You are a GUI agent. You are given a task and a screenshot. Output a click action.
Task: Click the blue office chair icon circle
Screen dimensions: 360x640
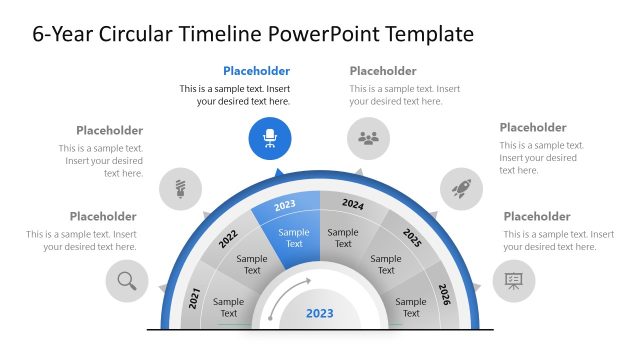click(270, 139)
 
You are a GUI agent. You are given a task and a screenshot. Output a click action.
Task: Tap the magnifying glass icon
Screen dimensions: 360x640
click(127, 281)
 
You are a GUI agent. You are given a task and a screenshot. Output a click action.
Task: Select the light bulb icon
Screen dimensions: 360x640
click(181, 187)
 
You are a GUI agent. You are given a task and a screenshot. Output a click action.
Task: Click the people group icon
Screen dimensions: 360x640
click(368, 139)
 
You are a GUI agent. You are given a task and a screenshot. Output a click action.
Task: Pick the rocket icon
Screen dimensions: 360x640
click(461, 187)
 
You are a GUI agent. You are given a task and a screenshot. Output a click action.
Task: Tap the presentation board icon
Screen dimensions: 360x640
click(513, 281)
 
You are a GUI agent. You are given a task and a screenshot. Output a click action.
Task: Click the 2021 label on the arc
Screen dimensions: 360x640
click(195, 296)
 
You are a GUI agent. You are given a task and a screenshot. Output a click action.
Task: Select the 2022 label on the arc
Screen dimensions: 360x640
click(228, 240)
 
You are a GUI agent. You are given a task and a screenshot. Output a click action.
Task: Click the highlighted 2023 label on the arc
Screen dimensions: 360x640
click(285, 205)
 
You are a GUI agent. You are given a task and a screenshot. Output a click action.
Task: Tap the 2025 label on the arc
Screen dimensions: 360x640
click(412, 238)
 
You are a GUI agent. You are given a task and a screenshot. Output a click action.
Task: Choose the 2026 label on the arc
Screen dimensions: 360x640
click(445, 295)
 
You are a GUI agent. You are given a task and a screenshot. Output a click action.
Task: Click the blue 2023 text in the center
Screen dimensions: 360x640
click(320, 313)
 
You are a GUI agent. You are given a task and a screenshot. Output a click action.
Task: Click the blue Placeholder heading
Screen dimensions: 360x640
click(256, 71)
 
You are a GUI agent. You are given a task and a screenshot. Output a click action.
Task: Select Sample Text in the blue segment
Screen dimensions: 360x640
click(294, 238)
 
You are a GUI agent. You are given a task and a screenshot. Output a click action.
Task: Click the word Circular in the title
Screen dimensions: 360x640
click(138, 34)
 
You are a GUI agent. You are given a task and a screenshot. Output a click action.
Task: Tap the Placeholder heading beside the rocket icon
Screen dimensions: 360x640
click(533, 127)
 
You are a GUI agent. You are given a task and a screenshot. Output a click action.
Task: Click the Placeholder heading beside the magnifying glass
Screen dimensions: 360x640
click(103, 216)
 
